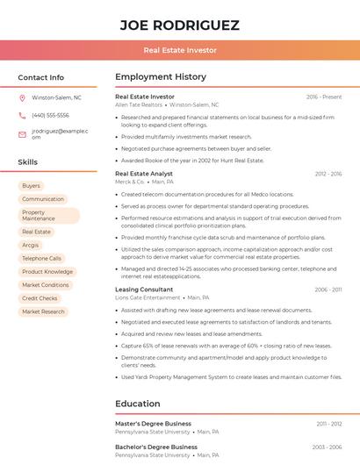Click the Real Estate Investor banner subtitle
(179, 50)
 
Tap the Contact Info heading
(41, 77)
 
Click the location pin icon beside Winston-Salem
(22, 98)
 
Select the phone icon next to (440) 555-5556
(22, 116)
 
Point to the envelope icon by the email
(22, 134)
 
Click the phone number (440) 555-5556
(50, 116)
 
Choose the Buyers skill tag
(31, 186)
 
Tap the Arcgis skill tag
(31, 245)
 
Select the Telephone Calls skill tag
(41, 259)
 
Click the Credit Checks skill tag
(40, 298)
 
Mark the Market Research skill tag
(43, 311)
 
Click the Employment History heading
(161, 77)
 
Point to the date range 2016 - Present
(324, 97)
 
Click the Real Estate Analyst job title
(144, 174)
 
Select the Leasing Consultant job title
(144, 290)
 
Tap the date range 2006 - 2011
(328, 290)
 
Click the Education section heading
(138, 404)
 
